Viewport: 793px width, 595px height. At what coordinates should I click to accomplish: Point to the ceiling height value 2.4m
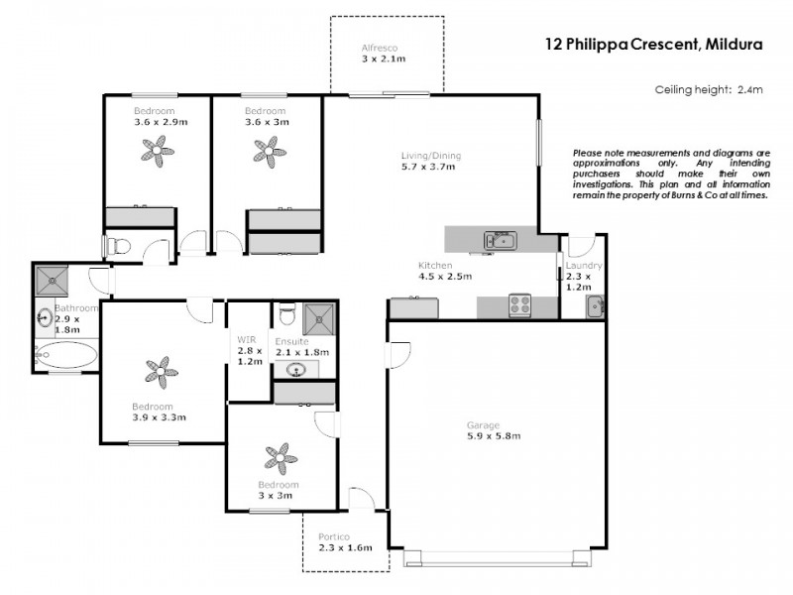[x=749, y=89]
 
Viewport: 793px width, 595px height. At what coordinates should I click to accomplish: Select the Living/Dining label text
[x=429, y=156]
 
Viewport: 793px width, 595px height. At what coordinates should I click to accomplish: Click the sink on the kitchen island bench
[x=498, y=239]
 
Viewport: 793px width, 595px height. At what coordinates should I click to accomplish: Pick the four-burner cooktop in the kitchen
[x=521, y=305]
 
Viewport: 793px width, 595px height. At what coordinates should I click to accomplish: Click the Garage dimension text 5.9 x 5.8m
[x=494, y=435]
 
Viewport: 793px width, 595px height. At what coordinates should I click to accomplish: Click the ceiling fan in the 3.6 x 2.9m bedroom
[x=155, y=151]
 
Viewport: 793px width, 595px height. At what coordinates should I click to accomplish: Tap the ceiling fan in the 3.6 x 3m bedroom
[x=266, y=151]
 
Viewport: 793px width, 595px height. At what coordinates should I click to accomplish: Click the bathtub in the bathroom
[x=65, y=355]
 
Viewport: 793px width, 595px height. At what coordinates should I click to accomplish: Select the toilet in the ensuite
[x=286, y=316]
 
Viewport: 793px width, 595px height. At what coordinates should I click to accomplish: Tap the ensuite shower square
[x=318, y=316]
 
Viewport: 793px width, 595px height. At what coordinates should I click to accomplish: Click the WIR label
[x=248, y=340]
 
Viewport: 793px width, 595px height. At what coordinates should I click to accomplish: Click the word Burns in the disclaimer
[x=689, y=196]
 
